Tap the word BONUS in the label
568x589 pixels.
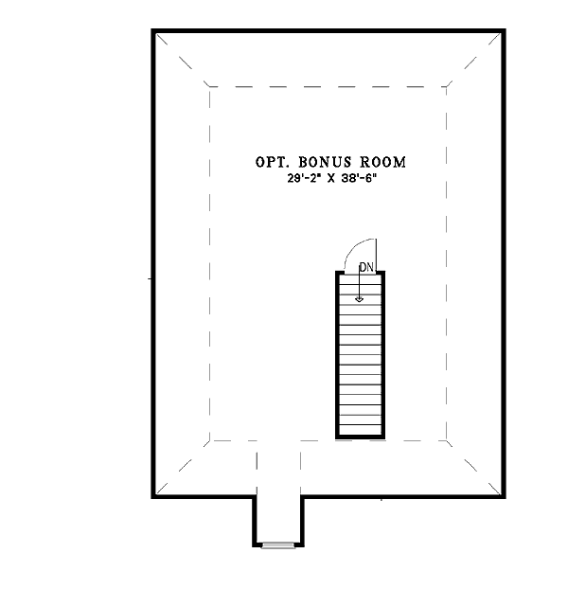pos(325,162)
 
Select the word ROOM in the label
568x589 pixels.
pos(383,162)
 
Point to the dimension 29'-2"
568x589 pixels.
pos(304,179)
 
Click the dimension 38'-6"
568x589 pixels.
pos(359,179)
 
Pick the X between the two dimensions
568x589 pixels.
pos(330,179)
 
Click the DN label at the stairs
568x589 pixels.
pos(366,267)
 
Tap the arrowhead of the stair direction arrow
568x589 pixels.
pos(360,299)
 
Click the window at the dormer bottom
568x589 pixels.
pos(278,545)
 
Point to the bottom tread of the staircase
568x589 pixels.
pos(360,429)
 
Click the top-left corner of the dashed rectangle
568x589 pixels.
pos(209,87)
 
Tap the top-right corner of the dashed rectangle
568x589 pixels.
pos(447,87)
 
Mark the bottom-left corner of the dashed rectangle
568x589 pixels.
pos(209,440)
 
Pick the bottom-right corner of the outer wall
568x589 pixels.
pos(504,497)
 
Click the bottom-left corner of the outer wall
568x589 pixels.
pos(153,497)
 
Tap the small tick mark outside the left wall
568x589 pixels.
pos(150,278)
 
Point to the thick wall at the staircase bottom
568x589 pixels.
pos(360,437)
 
